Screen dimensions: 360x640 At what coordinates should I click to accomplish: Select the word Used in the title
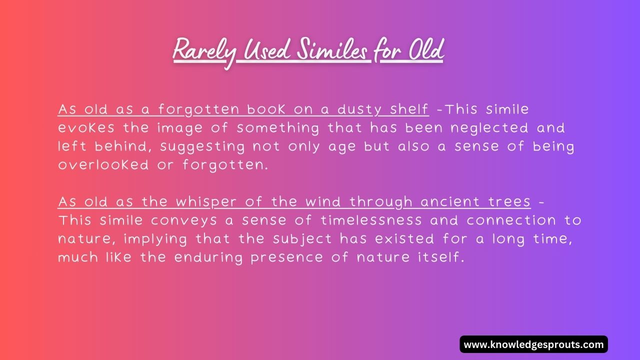point(265,50)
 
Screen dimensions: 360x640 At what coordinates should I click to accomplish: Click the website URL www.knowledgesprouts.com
point(533,344)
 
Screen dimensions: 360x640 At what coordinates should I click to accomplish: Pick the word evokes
point(86,128)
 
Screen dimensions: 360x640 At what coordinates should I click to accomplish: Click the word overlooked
point(103,165)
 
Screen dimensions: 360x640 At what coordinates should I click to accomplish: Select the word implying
point(155,239)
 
